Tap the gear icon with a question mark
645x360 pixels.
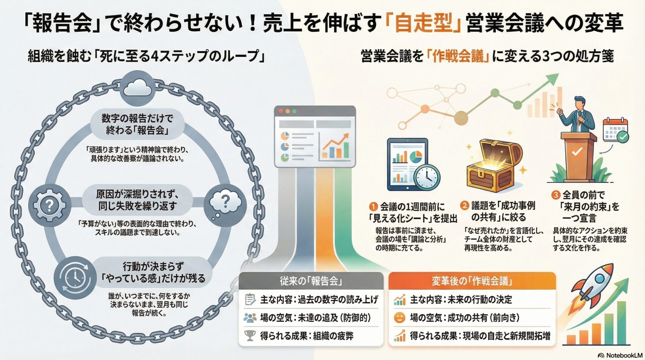(x=50, y=205)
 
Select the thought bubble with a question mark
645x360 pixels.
(x=225, y=203)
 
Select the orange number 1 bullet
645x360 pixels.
(x=374, y=206)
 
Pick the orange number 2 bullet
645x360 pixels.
(x=465, y=205)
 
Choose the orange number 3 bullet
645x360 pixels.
(x=555, y=195)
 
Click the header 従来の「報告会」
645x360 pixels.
(x=311, y=281)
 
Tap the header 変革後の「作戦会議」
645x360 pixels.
(x=472, y=281)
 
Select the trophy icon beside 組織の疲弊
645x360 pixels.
(x=250, y=336)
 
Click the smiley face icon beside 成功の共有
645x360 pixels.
(x=399, y=318)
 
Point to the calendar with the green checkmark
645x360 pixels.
(x=615, y=130)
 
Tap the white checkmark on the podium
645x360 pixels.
(x=577, y=152)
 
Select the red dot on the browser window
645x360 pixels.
(x=281, y=111)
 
